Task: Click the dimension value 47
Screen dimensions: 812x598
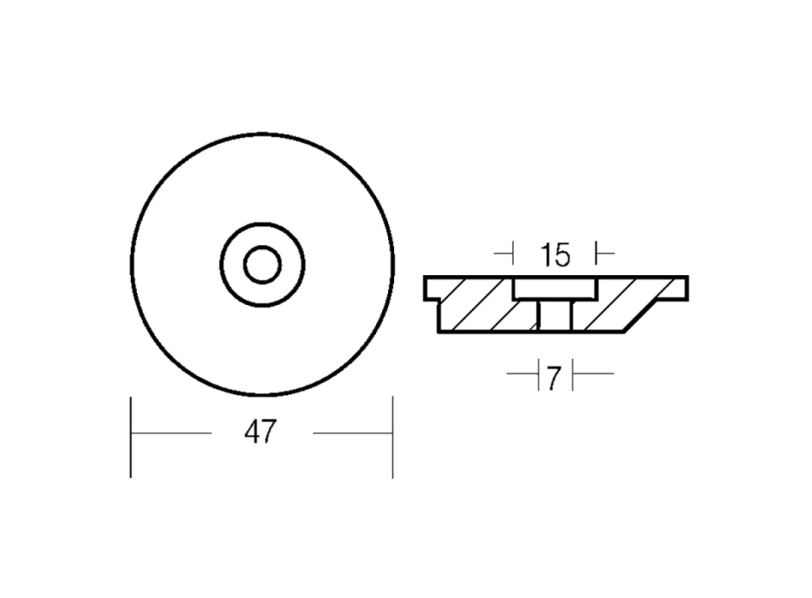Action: [261, 432]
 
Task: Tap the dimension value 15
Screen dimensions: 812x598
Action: [555, 255]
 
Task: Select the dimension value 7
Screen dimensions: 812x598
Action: [554, 379]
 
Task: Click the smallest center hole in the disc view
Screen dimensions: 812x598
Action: [262, 265]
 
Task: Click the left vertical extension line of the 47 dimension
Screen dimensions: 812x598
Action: [131, 437]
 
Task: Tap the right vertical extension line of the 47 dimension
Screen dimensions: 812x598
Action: [392, 437]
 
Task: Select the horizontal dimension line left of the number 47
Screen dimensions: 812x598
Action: [171, 433]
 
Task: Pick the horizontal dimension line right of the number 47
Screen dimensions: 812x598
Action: [353, 433]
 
